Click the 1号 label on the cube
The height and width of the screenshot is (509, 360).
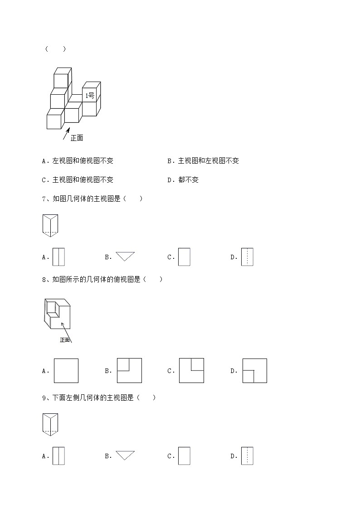pyautogui.click(x=90, y=96)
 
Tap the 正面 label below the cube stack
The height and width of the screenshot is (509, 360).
pyautogui.click(x=77, y=138)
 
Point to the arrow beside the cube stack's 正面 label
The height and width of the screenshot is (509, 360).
pyautogui.click(x=66, y=133)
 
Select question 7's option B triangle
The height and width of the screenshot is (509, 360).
pyautogui.click(x=125, y=256)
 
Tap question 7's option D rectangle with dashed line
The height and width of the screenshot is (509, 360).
pyautogui.click(x=247, y=257)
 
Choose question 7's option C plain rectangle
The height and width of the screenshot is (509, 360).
pyautogui.click(x=184, y=257)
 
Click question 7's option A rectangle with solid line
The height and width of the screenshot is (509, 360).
pyautogui.click(x=59, y=257)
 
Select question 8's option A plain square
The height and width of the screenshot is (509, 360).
pyautogui.click(x=66, y=371)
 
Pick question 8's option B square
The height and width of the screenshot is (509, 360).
pyautogui.click(x=129, y=371)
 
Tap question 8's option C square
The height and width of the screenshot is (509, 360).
pyautogui.click(x=191, y=370)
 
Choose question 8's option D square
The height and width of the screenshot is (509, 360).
pyautogui.click(x=254, y=371)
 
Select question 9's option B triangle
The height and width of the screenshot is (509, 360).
pyautogui.click(x=125, y=455)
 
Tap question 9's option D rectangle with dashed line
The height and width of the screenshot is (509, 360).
pyautogui.click(x=247, y=456)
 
